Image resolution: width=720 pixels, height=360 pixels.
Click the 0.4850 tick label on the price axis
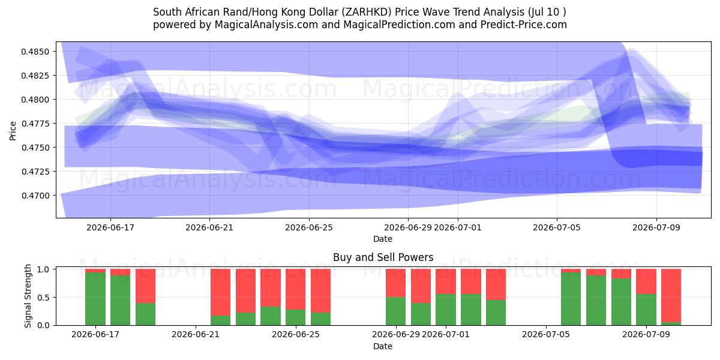coord(35,52)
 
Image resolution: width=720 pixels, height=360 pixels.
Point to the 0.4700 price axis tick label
coord(35,196)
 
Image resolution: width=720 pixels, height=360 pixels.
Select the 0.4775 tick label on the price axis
coord(35,124)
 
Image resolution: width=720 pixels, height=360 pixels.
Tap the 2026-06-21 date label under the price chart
coord(209,227)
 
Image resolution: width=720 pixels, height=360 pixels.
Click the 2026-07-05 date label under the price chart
coord(557,227)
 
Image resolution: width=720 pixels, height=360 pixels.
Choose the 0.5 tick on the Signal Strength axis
coord(44,298)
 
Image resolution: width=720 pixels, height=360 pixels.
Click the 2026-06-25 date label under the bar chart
coord(296,334)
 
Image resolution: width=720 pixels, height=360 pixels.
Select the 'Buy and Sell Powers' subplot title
coord(383,257)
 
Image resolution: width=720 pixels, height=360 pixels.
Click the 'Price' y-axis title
coord(13,131)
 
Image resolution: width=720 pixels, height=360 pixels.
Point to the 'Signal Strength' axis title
coord(28,296)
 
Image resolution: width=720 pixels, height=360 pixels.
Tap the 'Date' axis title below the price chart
coord(383,239)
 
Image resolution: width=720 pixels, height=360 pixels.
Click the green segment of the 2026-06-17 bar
coord(95,299)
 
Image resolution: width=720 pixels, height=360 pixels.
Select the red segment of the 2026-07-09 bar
coord(646,281)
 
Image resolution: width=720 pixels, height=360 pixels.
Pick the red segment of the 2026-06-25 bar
coord(295,289)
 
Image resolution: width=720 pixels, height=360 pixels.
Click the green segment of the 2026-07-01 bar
coord(446,310)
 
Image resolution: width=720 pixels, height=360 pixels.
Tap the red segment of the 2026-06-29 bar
coord(395,283)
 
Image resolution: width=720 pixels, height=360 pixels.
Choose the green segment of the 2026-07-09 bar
coord(646,310)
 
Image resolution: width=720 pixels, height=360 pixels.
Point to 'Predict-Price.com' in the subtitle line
coord(524,25)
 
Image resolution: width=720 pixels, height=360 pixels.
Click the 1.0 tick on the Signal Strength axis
coord(44,269)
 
